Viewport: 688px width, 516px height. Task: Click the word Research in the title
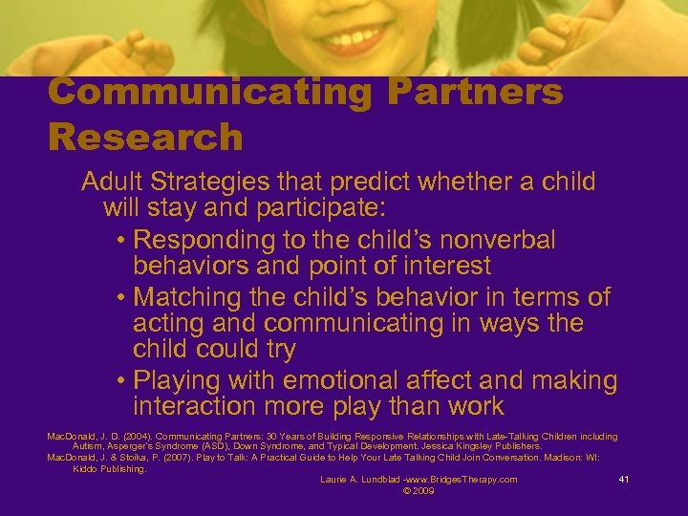145,137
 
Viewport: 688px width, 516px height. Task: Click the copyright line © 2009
419,491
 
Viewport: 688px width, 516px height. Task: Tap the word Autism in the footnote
87,447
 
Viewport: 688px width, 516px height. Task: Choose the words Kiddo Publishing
109,468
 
